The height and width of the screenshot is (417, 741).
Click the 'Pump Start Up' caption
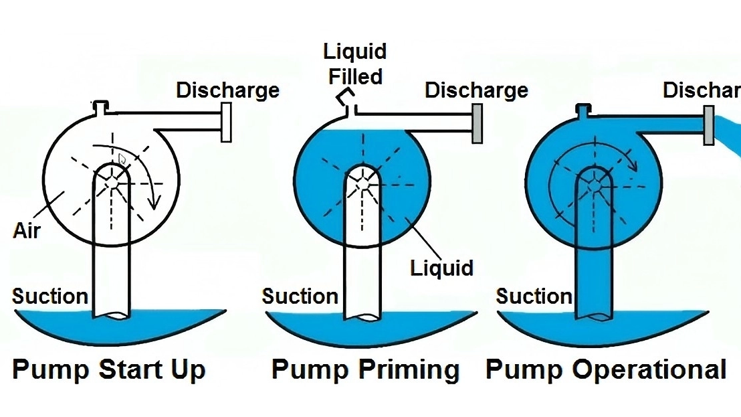(108, 369)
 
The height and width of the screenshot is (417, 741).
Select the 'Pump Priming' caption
(366, 369)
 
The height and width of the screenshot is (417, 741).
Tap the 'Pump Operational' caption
(606, 369)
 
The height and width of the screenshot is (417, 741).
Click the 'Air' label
(27, 231)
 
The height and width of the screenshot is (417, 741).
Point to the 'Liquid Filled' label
(354, 64)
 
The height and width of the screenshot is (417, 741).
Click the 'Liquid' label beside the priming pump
(442, 268)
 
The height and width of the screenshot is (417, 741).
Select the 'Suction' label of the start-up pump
(50, 296)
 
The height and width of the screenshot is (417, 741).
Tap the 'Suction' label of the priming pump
(300, 296)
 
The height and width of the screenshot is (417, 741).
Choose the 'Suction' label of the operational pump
(534, 296)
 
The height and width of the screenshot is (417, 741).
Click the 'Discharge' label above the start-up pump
(227, 90)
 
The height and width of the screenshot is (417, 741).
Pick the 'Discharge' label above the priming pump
(476, 90)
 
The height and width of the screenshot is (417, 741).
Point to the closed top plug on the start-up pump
(101, 106)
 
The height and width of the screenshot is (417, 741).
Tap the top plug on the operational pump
(583, 108)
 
